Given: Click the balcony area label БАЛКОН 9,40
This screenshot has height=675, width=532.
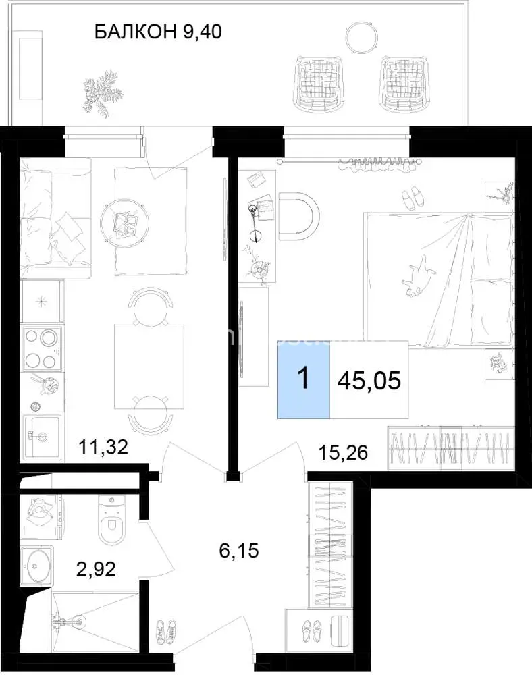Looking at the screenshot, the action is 158,32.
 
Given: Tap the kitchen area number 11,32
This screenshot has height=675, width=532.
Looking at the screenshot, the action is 103,448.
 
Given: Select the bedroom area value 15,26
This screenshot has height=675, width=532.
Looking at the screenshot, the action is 343,452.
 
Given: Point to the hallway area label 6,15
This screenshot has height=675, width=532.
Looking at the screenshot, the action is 239,551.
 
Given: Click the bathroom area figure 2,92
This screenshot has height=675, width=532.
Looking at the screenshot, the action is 96,569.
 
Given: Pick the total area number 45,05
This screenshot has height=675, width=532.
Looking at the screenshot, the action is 369,381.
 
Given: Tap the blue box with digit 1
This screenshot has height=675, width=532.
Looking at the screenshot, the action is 304,379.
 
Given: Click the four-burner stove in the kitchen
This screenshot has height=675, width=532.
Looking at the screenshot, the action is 42,348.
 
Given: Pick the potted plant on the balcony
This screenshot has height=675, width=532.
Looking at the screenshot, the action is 103,91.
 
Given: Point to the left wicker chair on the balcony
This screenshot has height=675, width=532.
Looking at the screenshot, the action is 318,82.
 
